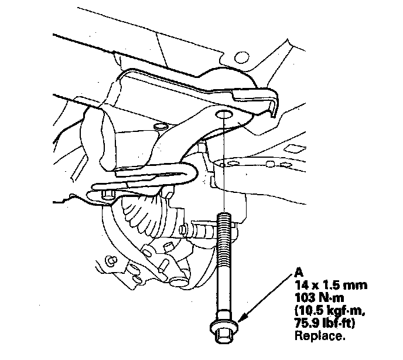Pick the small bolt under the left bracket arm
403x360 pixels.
pyautogui.click(x=108, y=195)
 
